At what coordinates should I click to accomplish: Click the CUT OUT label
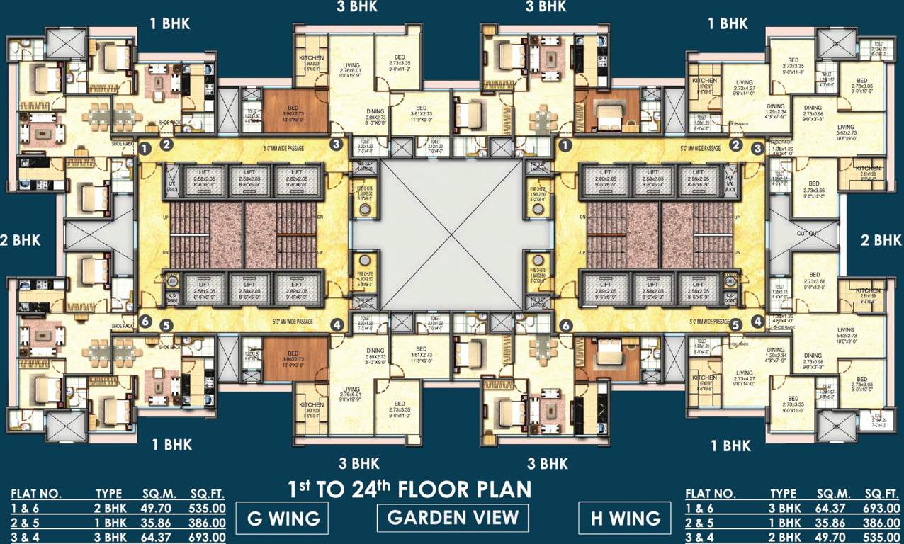[x=808, y=234]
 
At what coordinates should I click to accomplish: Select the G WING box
[x=282, y=518]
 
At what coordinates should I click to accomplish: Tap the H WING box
[x=624, y=518]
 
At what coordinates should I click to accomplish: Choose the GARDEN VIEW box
[x=453, y=517]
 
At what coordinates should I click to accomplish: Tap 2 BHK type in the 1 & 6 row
[x=109, y=509]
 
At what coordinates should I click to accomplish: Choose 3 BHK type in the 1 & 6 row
[x=784, y=509]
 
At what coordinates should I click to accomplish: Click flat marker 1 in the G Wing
[x=145, y=149]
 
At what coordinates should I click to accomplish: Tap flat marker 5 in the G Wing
[x=166, y=326]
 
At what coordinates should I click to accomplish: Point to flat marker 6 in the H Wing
[x=565, y=326]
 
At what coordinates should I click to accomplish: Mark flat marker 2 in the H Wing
[x=736, y=145]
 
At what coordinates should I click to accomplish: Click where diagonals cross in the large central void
[x=452, y=234]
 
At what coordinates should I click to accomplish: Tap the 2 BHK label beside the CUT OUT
[x=881, y=240]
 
